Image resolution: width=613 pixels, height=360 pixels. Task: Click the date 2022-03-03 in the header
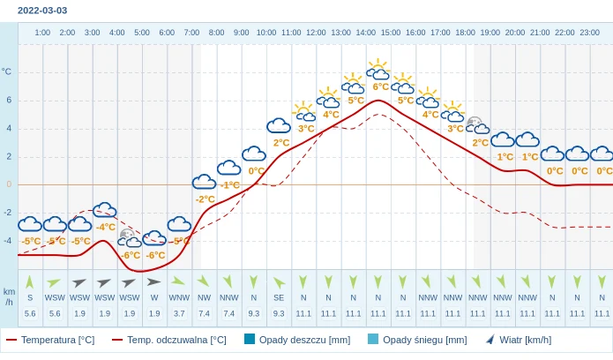42,11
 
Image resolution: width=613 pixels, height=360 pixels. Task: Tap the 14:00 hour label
365,33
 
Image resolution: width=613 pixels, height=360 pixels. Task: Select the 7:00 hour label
191,33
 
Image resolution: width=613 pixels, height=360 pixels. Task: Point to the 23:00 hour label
589,33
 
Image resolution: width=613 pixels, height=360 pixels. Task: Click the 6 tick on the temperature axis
9,100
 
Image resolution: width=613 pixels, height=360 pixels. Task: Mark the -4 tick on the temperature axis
8,241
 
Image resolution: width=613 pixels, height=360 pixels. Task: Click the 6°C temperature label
381,86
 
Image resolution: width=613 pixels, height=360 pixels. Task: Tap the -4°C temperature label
106,227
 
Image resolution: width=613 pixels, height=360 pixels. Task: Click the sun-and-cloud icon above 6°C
378,69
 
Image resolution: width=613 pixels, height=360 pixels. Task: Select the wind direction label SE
279,298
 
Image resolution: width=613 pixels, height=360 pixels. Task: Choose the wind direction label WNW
179,298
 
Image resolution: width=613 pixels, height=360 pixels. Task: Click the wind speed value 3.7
179,313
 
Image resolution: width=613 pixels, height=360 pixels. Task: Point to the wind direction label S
30,298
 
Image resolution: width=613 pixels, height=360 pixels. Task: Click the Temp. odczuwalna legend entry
168,340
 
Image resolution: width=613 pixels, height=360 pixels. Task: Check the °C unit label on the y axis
7,71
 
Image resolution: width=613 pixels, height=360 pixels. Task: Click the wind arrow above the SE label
279,282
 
